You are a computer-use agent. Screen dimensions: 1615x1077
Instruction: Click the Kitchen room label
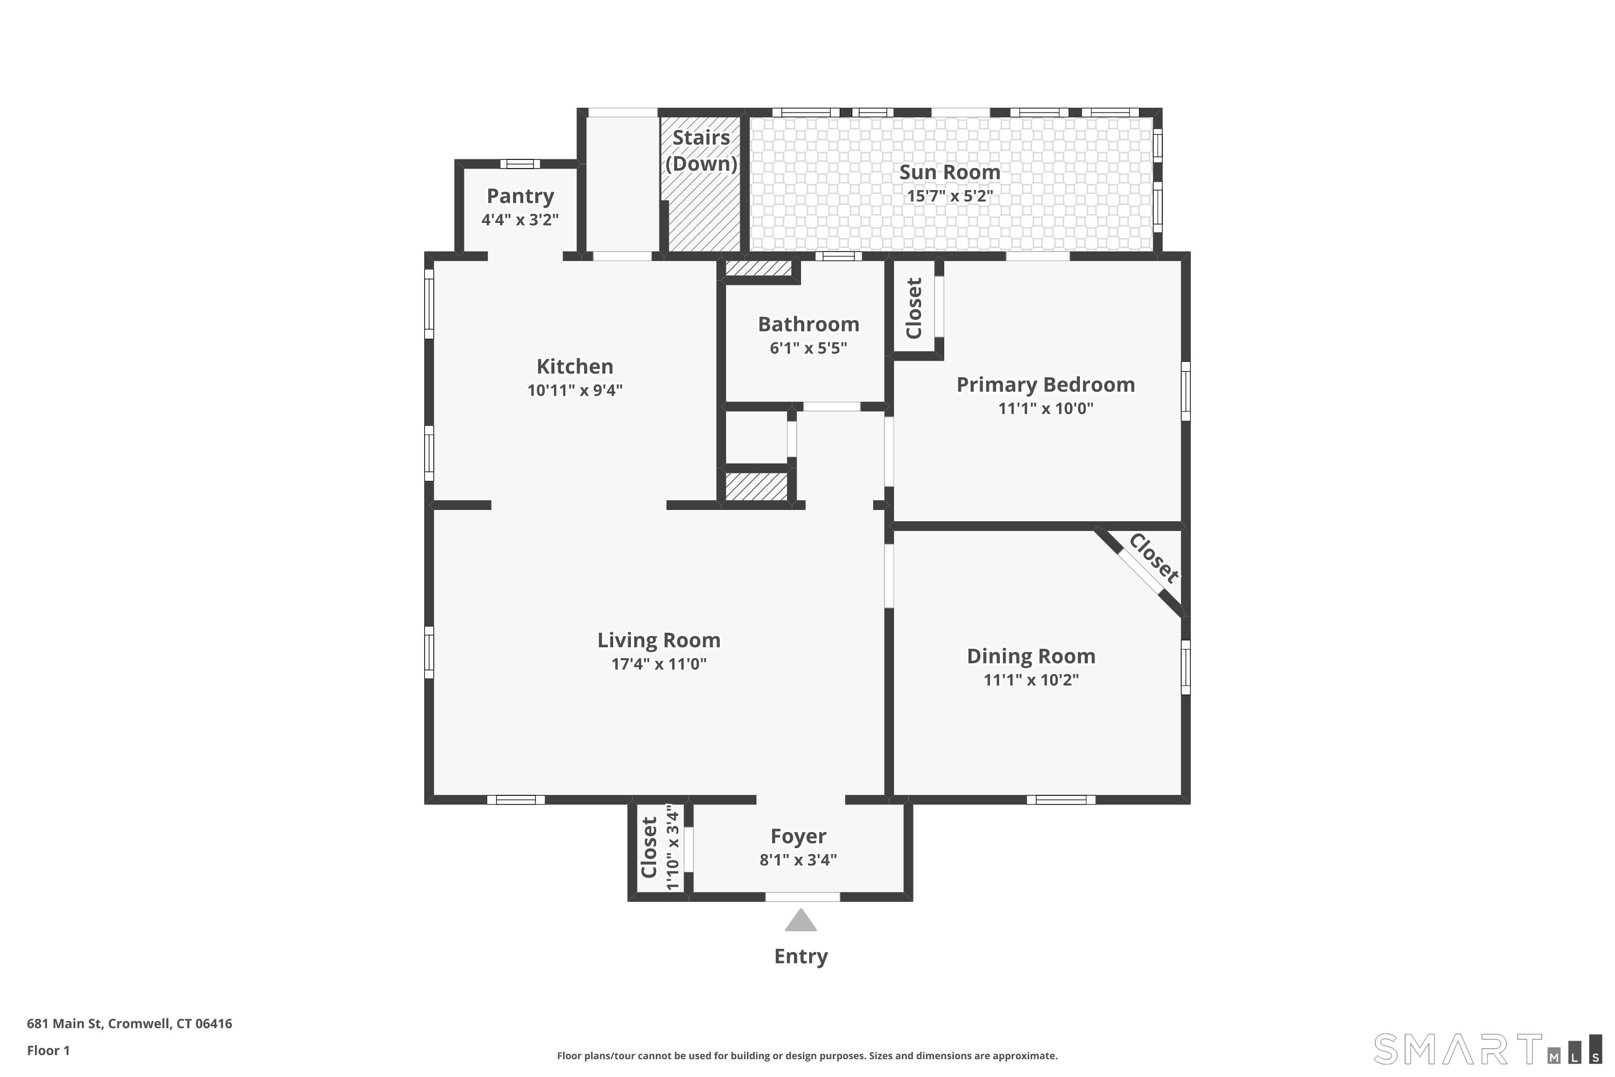tap(575, 366)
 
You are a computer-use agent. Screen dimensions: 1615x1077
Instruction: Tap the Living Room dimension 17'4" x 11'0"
tap(659, 664)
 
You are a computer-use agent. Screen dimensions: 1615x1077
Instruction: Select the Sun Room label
tap(950, 172)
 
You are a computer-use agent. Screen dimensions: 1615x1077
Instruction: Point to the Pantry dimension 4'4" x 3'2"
tap(520, 220)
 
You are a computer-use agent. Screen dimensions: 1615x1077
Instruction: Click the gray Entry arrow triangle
tap(801, 920)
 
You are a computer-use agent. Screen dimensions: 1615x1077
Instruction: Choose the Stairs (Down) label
tap(701, 150)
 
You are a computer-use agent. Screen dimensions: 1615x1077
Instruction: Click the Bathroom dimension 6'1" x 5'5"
tap(808, 348)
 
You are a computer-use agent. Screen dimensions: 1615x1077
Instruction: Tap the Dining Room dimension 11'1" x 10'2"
tap(1031, 680)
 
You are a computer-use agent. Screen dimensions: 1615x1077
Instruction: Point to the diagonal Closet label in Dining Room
tap(1154, 558)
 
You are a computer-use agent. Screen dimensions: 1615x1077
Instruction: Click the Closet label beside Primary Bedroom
tap(914, 309)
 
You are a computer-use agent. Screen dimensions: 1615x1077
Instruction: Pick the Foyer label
tap(798, 837)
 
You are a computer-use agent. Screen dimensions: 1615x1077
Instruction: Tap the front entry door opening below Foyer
tap(803, 897)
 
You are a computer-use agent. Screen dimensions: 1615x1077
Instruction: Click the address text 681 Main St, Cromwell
tap(130, 1024)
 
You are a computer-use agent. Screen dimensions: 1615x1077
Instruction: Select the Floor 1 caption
tap(48, 1050)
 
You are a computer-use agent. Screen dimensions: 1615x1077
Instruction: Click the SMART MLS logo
tap(1487, 1049)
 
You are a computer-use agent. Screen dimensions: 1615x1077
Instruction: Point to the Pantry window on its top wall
tap(520, 164)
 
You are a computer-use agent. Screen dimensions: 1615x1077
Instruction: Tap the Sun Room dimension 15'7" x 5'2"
tap(950, 197)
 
